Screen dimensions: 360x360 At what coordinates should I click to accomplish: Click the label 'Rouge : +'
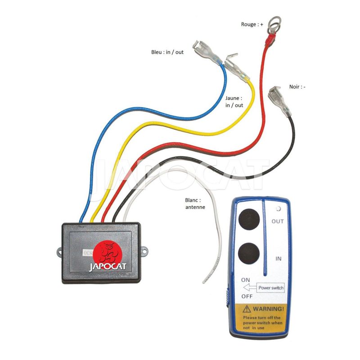coord(252,25)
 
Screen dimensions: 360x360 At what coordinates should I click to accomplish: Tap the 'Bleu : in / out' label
coord(167,52)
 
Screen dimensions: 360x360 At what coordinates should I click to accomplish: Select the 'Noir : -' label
coord(297,86)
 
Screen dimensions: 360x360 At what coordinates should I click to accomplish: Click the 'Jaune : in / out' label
coord(234,101)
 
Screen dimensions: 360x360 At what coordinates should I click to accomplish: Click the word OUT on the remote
coord(278,221)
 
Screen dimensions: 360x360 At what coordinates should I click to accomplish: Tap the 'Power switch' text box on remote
coord(271,287)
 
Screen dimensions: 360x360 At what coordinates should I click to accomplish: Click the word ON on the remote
coord(246,280)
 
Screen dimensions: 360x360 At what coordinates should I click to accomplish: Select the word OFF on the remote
coord(247,296)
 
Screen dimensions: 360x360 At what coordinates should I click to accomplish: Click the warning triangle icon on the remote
coord(247,310)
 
